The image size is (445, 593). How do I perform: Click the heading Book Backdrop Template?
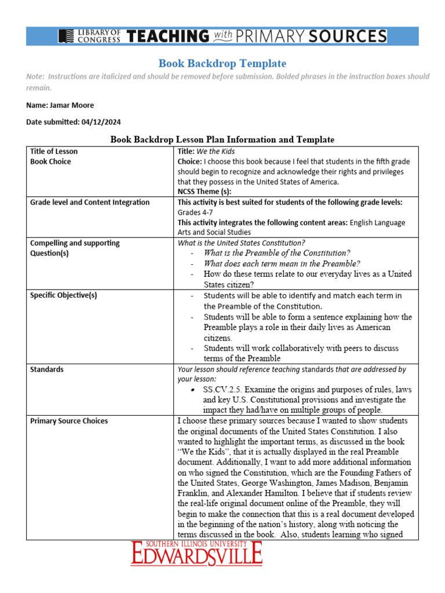coord(222,63)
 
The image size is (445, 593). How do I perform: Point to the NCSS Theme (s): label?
coord(205,192)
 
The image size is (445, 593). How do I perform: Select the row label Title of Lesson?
coord(54,152)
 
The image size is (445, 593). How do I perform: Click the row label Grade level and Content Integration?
coord(90,202)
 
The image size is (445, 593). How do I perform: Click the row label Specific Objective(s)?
coord(64,296)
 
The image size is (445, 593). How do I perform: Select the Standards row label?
coord(47,369)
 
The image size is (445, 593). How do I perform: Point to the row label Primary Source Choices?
coord(69,421)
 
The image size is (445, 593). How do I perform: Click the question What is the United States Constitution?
coord(242,243)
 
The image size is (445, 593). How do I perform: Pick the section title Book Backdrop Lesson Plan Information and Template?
coord(222,140)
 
